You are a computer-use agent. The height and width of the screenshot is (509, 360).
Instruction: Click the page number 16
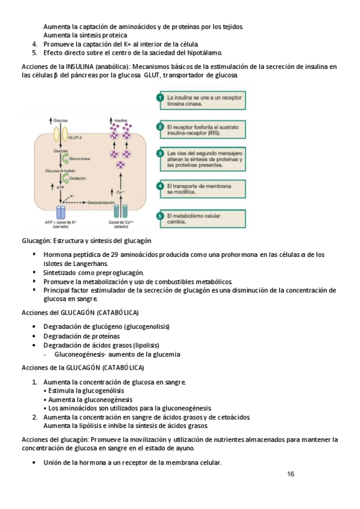click(x=290, y=474)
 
